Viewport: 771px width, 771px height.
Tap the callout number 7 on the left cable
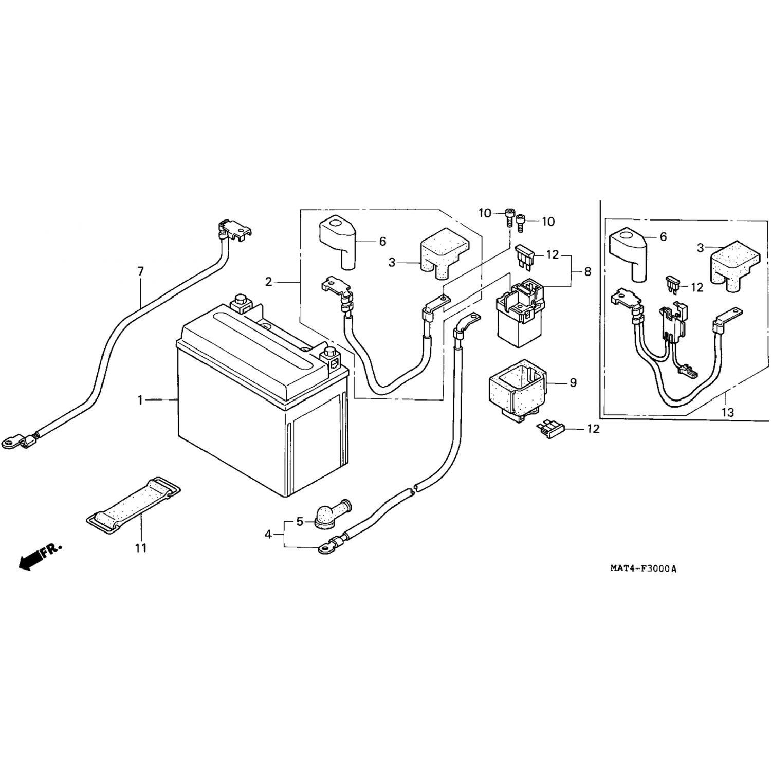pyautogui.click(x=140, y=271)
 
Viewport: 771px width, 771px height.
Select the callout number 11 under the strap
pyautogui.click(x=141, y=548)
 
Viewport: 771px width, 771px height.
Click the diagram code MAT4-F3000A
pyautogui.click(x=643, y=568)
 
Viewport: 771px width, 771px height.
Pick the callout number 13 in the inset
pyautogui.click(x=728, y=412)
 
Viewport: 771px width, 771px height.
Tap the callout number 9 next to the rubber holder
pyautogui.click(x=573, y=383)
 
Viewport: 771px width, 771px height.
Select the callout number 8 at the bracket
pyautogui.click(x=588, y=271)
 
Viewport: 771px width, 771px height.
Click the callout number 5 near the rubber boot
pyautogui.click(x=300, y=522)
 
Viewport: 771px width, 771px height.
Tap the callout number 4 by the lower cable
pyautogui.click(x=268, y=535)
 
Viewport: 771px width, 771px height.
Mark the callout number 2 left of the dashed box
pyautogui.click(x=268, y=282)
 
